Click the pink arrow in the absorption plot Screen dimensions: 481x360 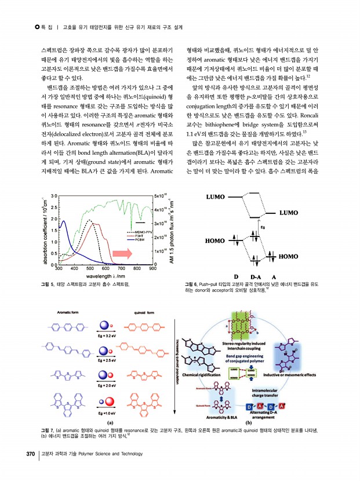(x=122, y=253)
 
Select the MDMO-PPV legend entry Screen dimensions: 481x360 (x=139, y=231)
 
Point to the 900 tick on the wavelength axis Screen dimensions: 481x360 (x=153, y=268)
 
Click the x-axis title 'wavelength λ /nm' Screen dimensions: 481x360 (x=107, y=276)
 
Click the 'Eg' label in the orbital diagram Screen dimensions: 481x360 (x=263, y=227)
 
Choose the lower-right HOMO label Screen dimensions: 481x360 (x=288, y=256)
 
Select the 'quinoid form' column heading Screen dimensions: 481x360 (x=144, y=312)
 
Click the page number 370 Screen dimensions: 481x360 (x=28, y=453)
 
